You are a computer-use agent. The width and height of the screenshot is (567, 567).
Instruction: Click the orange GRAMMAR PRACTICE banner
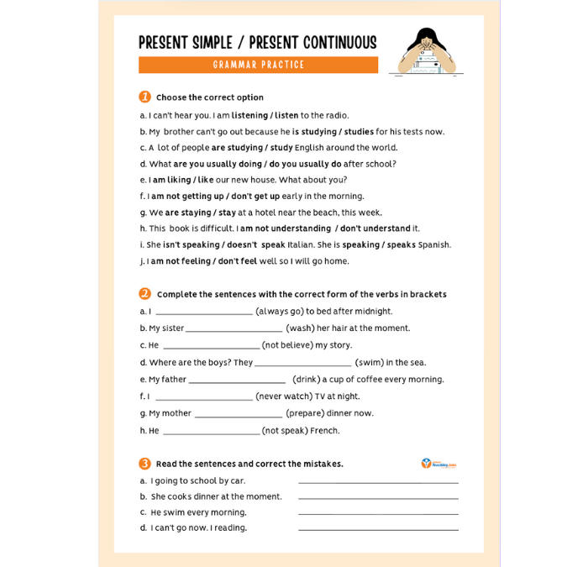(258, 65)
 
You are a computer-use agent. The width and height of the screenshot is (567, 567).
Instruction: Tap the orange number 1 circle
(144, 97)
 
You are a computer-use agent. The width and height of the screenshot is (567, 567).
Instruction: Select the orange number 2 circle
(144, 294)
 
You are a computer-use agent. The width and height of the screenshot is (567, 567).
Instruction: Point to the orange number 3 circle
(144, 463)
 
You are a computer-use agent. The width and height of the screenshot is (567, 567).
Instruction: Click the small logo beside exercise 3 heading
(438, 463)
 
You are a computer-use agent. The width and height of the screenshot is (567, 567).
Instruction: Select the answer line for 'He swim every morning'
(378, 514)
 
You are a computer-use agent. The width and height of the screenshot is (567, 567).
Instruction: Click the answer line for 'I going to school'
(378, 483)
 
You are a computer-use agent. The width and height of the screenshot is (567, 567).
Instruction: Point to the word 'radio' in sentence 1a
(336, 116)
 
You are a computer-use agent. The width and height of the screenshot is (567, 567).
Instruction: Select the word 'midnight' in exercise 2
(374, 312)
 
